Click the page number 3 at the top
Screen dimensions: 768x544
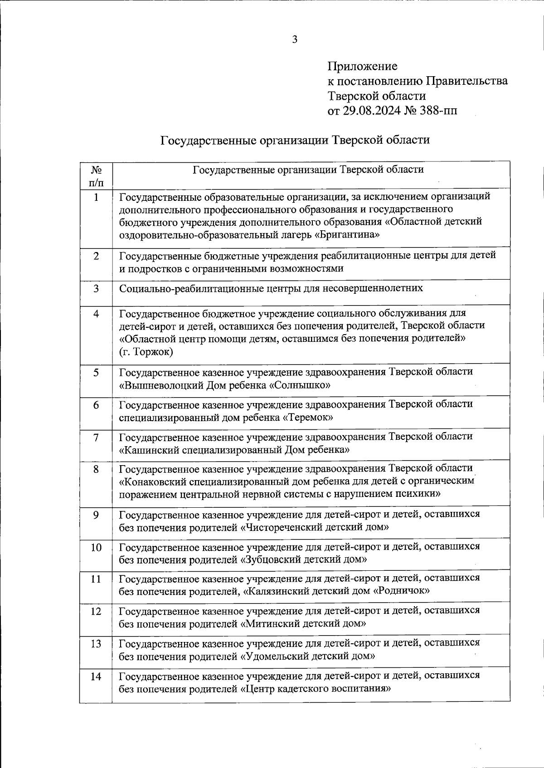[295, 39]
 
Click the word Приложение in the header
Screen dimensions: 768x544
[362, 66]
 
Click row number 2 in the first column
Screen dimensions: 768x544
[96, 256]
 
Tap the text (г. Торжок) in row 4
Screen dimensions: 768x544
[146, 352]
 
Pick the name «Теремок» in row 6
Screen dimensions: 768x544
[308, 417]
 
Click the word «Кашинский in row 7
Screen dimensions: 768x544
[149, 450]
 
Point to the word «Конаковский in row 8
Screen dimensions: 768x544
[154, 481]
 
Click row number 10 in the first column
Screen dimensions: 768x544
[96, 548]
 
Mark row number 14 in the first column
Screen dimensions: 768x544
[96, 677]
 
